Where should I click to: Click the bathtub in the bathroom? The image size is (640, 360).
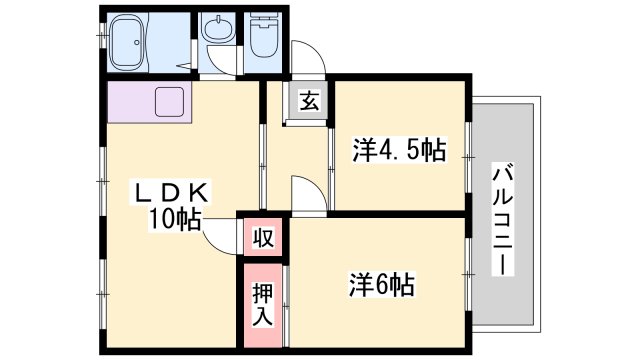[x=128, y=42]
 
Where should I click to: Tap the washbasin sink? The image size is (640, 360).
[x=219, y=29]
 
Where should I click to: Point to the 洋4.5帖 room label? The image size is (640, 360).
[x=399, y=150]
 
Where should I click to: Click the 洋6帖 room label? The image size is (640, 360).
[x=382, y=284]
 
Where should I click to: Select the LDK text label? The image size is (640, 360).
[x=169, y=193]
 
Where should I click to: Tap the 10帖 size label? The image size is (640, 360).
[x=175, y=220]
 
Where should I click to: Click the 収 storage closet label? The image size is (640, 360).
[x=263, y=238]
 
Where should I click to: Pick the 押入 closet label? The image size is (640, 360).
[x=263, y=304]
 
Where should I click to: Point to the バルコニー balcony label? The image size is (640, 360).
[x=503, y=220]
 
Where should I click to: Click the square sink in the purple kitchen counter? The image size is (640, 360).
[x=169, y=102]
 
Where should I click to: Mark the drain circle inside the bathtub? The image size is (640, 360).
[x=137, y=42]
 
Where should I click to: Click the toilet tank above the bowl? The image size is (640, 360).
[x=264, y=19]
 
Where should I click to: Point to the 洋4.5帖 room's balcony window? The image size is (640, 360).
[x=469, y=157]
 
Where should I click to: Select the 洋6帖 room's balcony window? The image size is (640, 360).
[x=469, y=275]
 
